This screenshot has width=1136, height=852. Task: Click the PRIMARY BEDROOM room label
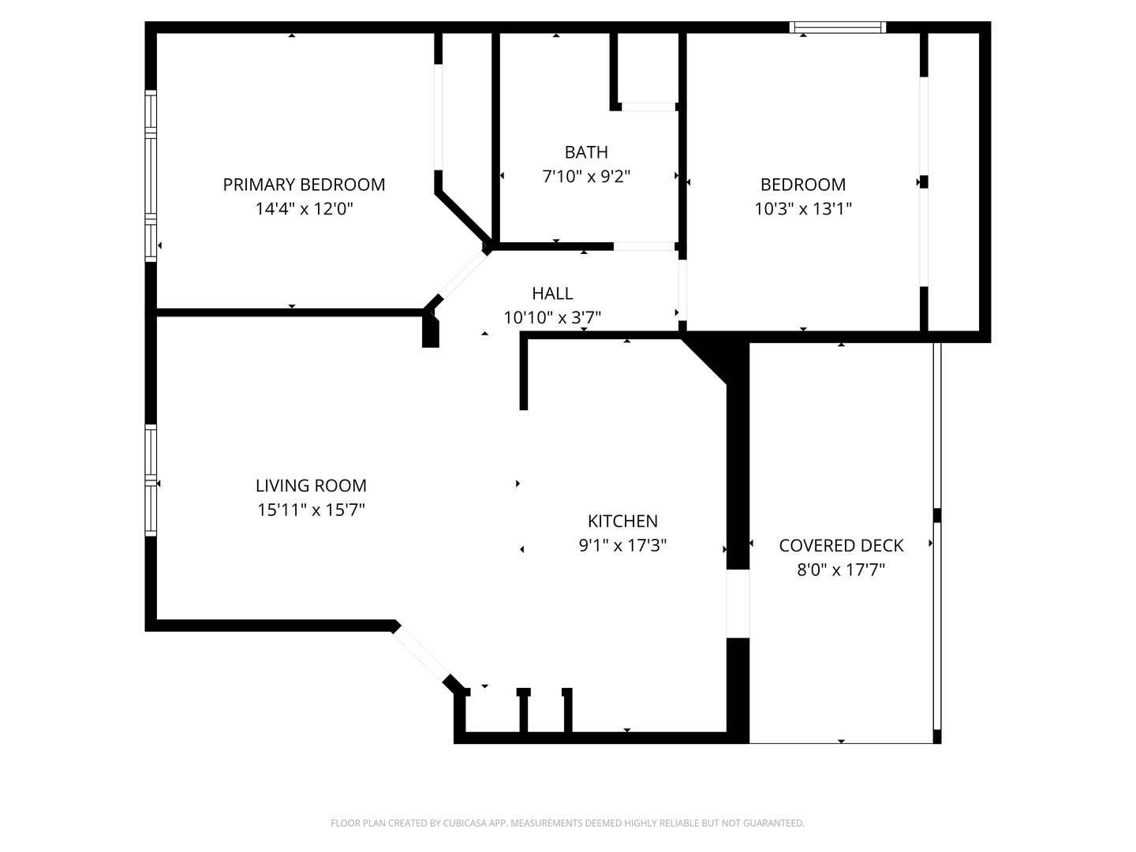[x=304, y=185]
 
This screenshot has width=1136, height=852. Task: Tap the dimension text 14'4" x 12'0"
[x=305, y=209]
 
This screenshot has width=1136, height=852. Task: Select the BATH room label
[x=586, y=152]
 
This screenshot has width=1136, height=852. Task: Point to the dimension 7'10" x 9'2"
[x=586, y=177]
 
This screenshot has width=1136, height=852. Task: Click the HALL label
[x=552, y=293]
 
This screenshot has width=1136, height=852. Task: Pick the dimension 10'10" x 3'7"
[x=552, y=318]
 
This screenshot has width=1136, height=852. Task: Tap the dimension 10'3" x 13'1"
[x=803, y=209]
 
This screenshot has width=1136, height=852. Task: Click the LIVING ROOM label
[x=311, y=486]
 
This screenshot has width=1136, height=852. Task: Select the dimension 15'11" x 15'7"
[x=311, y=510]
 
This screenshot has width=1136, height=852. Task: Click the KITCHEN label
[x=622, y=521]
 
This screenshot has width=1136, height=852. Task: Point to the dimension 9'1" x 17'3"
[x=622, y=545]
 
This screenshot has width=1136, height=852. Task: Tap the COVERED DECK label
[x=841, y=546]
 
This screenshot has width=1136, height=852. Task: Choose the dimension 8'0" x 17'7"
[x=841, y=570]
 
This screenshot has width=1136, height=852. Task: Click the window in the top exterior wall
[x=837, y=28]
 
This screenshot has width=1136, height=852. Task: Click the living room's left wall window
[x=151, y=480]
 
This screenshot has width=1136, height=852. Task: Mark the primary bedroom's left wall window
[x=151, y=176]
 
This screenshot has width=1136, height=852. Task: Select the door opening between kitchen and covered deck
[x=738, y=603]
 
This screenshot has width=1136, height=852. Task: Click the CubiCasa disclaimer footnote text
[x=568, y=823]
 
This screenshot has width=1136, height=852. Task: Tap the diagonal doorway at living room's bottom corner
[x=420, y=654]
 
